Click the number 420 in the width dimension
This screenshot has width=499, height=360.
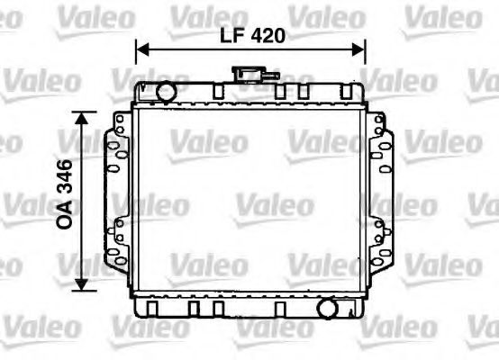[x=267, y=36]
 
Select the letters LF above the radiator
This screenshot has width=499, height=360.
[x=231, y=36]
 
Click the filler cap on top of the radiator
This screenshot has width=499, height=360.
[x=245, y=75]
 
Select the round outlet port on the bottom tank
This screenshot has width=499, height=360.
[x=327, y=309]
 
